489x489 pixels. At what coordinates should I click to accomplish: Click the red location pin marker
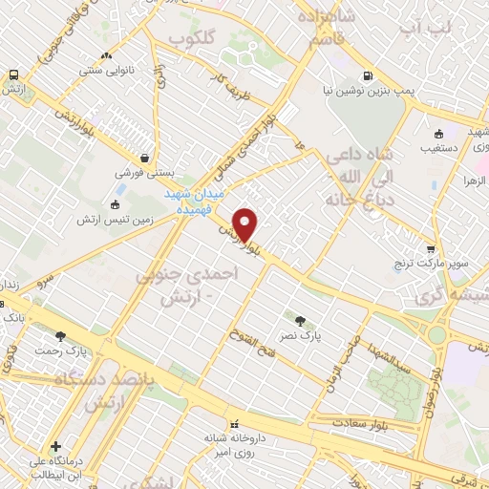(x=245, y=224)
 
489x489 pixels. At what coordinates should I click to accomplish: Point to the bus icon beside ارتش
(x=13, y=74)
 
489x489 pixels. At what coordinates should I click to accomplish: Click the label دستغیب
(x=439, y=149)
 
